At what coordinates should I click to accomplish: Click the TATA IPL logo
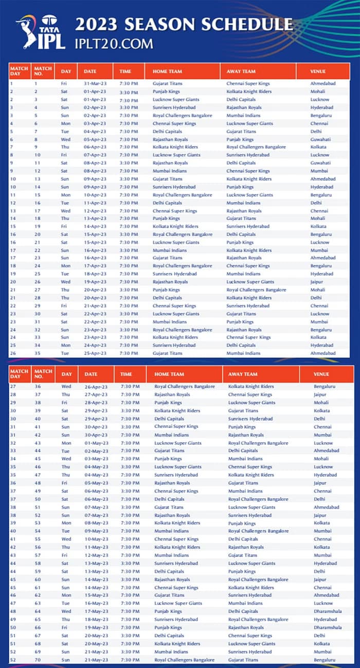[40, 32]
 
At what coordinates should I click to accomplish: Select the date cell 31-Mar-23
[95, 83]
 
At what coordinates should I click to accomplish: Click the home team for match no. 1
[167, 83]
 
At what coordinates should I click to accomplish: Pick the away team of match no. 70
[243, 660]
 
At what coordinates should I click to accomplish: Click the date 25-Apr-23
[95, 353]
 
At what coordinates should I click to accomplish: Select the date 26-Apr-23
[97, 386]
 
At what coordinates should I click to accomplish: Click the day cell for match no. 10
[64, 155]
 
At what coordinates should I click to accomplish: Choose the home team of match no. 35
[167, 353]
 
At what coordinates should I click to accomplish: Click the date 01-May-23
[97, 443]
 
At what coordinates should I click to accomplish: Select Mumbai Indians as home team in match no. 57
[171, 555]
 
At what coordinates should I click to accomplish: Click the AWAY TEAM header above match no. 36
[241, 374]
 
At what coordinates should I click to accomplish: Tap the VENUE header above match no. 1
[319, 71]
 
